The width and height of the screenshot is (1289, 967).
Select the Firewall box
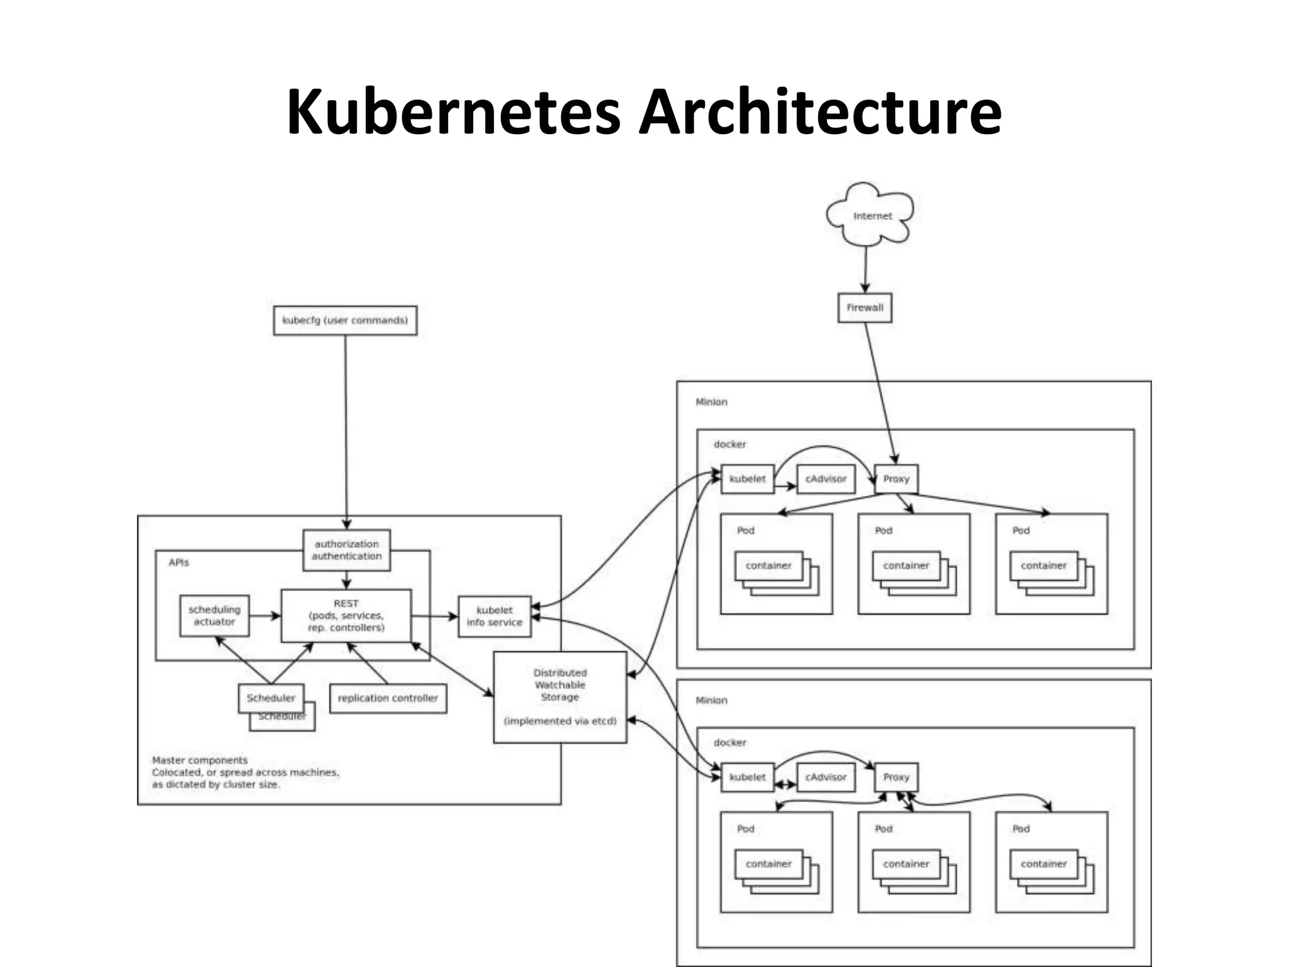pos(865,308)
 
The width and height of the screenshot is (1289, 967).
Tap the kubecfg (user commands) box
pos(345,320)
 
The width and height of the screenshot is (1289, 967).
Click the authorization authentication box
pos(346,550)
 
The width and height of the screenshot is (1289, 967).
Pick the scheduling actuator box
pos(214,616)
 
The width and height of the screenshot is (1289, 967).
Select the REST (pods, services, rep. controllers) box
pos(346,616)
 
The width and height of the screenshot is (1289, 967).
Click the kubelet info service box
pos(495,616)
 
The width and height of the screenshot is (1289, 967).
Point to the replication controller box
pos(388,698)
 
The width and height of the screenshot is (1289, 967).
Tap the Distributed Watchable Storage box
pos(560,697)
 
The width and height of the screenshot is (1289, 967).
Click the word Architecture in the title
pos(819,112)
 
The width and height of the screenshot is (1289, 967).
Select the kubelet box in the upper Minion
pos(747,479)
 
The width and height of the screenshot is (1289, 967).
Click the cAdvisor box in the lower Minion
pos(826,778)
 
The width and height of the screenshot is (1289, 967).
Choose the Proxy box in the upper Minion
pos(896,479)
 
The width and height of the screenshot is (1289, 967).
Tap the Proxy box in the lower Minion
pos(896,778)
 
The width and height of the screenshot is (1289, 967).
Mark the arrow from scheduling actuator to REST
pos(264,616)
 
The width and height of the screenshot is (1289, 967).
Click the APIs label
pos(179,562)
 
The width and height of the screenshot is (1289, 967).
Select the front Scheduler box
pos(271,698)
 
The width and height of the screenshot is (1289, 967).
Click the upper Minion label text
pos(711,402)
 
